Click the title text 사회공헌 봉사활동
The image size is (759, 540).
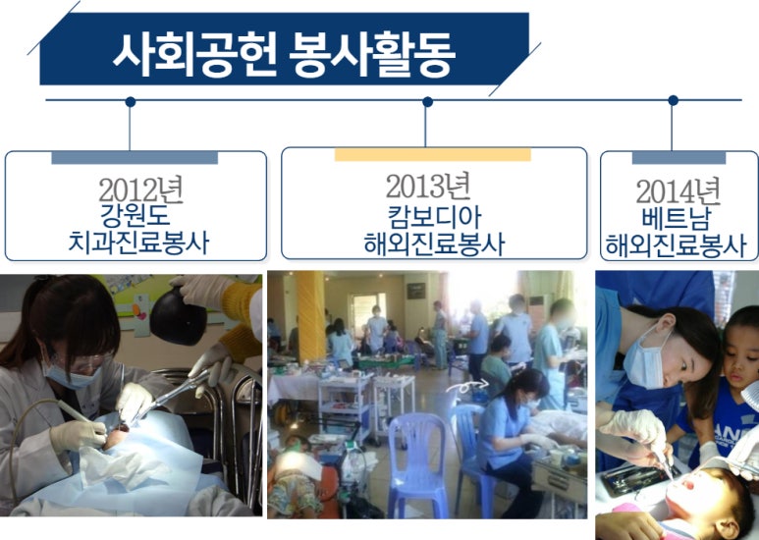284,55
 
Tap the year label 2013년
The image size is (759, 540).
428,185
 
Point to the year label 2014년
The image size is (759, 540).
678,190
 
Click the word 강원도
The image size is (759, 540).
136,215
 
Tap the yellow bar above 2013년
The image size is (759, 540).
432,155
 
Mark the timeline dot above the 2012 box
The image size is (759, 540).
130,100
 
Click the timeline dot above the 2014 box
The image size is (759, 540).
673,100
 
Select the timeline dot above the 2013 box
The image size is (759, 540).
427,100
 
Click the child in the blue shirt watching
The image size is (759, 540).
732,383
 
